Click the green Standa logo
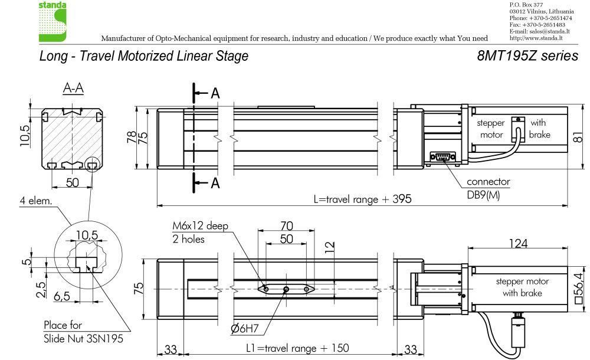[x=53, y=21]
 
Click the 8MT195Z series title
[x=527, y=55]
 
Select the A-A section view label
[x=73, y=88]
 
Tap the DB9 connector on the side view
[x=443, y=156]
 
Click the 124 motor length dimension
[x=518, y=243]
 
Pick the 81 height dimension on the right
[x=578, y=137]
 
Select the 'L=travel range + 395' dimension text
[x=362, y=199]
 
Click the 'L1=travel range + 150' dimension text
[x=297, y=348]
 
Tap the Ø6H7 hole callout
[x=245, y=328]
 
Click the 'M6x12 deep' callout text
[x=200, y=226]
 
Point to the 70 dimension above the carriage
[x=286, y=225]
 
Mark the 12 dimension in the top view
[x=329, y=247]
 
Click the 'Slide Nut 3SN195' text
[x=83, y=339]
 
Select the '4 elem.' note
[x=36, y=200]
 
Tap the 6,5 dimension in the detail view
[x=62, y=296]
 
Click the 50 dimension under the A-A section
[x=72, y=182]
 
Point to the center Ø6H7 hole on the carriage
[x=286, y=289]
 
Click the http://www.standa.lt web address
[x=536, y=38]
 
